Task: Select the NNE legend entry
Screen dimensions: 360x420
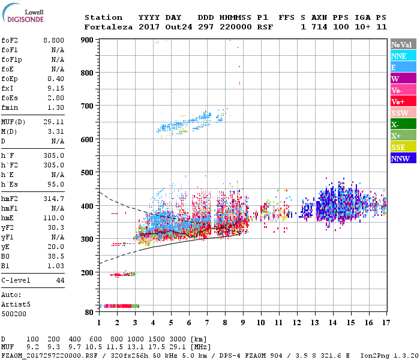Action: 399,56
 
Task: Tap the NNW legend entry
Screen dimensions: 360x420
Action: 400,158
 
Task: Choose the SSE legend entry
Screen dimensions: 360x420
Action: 399,147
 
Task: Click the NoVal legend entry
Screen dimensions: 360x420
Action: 401,44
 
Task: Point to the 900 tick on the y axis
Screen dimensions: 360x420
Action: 88,40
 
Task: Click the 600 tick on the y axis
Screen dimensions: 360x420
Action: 88,140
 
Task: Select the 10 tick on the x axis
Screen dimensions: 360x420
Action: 260,323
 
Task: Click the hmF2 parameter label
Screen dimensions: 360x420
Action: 11,198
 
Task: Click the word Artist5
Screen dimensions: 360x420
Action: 16,304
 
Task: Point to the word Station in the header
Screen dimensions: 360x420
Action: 103,17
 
